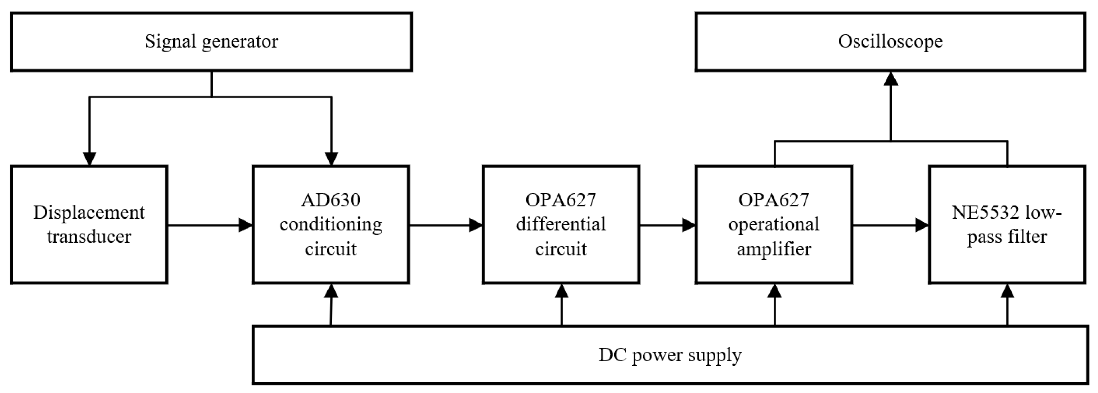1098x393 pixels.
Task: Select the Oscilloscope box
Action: tap(890, 42)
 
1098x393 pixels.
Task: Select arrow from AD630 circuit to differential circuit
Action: tap(445, 225)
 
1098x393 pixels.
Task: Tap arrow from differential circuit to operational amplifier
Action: tap(667, 225)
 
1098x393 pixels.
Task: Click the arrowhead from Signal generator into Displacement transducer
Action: tap(89, 159)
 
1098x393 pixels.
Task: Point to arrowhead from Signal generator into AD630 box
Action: tap(331, 159)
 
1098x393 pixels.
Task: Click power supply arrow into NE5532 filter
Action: tap(1007, 304)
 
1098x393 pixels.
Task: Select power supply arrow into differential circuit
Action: tap(562, 304)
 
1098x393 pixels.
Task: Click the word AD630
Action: tap(331, 200)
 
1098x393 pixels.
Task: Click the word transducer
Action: tap(89, 237)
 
